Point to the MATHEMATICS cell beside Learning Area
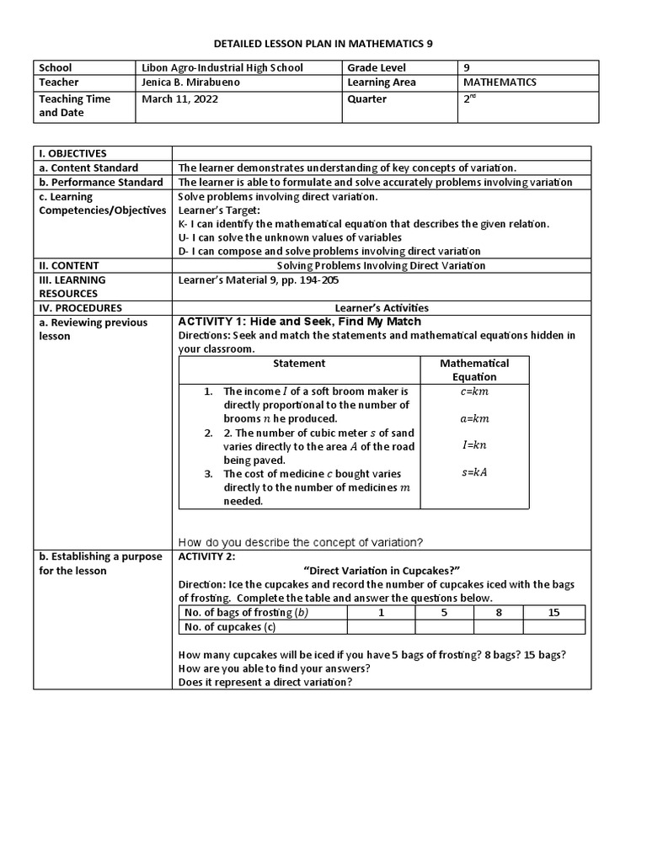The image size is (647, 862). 500,82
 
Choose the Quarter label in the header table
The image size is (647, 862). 366,98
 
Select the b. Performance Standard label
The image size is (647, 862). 100,182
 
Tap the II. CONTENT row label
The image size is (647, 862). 67,265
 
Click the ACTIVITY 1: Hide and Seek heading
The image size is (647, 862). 299,322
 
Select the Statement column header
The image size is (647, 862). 299,364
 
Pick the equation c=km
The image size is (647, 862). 474,391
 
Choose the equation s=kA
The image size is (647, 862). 474,472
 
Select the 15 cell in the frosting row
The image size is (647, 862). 553,613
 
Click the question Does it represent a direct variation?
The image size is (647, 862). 265,682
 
